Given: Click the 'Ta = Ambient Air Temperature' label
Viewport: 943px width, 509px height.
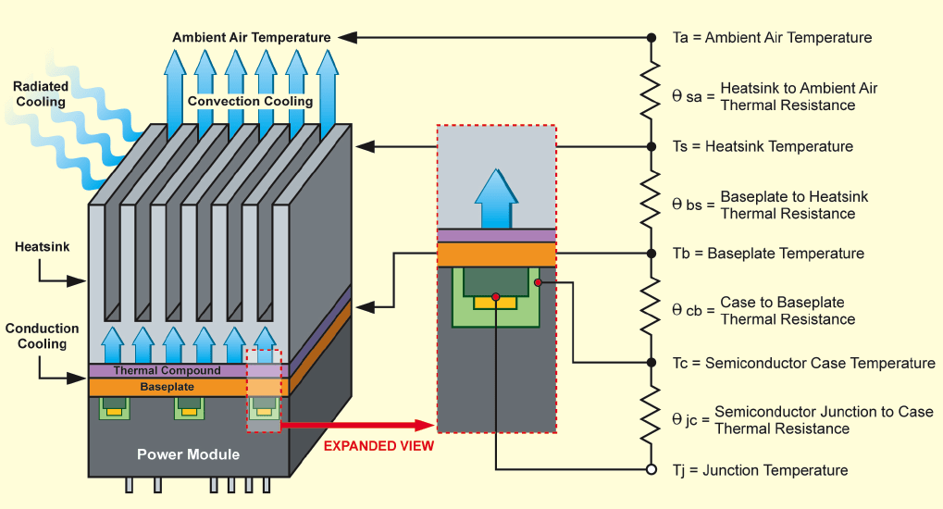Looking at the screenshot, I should pyautogui.click(x=772, y=38).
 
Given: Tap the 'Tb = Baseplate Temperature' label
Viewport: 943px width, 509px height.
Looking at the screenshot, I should pyautogui.click(x=768, y=254).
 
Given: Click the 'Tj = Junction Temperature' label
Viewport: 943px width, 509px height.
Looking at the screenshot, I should pyautogui.click(x=760, y=470).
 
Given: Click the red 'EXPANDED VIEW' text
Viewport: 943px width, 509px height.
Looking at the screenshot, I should pyautogui.click(x=378, y=445).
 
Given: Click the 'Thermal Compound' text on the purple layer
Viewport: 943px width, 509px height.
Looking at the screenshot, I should pyautogui.click(x=167, y=370).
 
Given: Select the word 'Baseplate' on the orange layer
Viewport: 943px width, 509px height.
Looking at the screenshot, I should pyautogui.click(x=167, y=386).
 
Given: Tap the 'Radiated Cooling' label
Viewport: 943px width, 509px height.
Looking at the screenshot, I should pyautogui.click(x=40, y=93).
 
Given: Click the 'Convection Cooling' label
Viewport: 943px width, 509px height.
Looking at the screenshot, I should pyautogui.click(x=250, y=101).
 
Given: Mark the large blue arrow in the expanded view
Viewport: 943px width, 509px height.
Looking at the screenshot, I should pyautogui.click(x=496, y=198).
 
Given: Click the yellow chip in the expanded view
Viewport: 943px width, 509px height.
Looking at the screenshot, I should pyautogui.click(x=496, y=302).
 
